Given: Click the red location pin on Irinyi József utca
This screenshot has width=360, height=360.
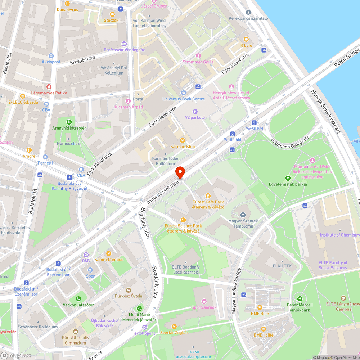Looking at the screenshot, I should point(180,172).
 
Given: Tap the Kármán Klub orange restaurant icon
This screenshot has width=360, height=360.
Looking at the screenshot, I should point(183,140).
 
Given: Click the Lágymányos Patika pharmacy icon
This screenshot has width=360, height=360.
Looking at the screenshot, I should point(49,87).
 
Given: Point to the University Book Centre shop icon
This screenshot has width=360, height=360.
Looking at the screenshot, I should point(184,93).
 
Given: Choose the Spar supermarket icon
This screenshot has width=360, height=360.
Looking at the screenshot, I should point(90,270).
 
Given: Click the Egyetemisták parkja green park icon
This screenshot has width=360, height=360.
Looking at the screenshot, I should point(287,178).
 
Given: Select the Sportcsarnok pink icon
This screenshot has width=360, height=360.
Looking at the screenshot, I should point(204,301).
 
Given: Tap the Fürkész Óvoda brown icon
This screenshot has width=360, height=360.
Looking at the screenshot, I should point(128,290).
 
